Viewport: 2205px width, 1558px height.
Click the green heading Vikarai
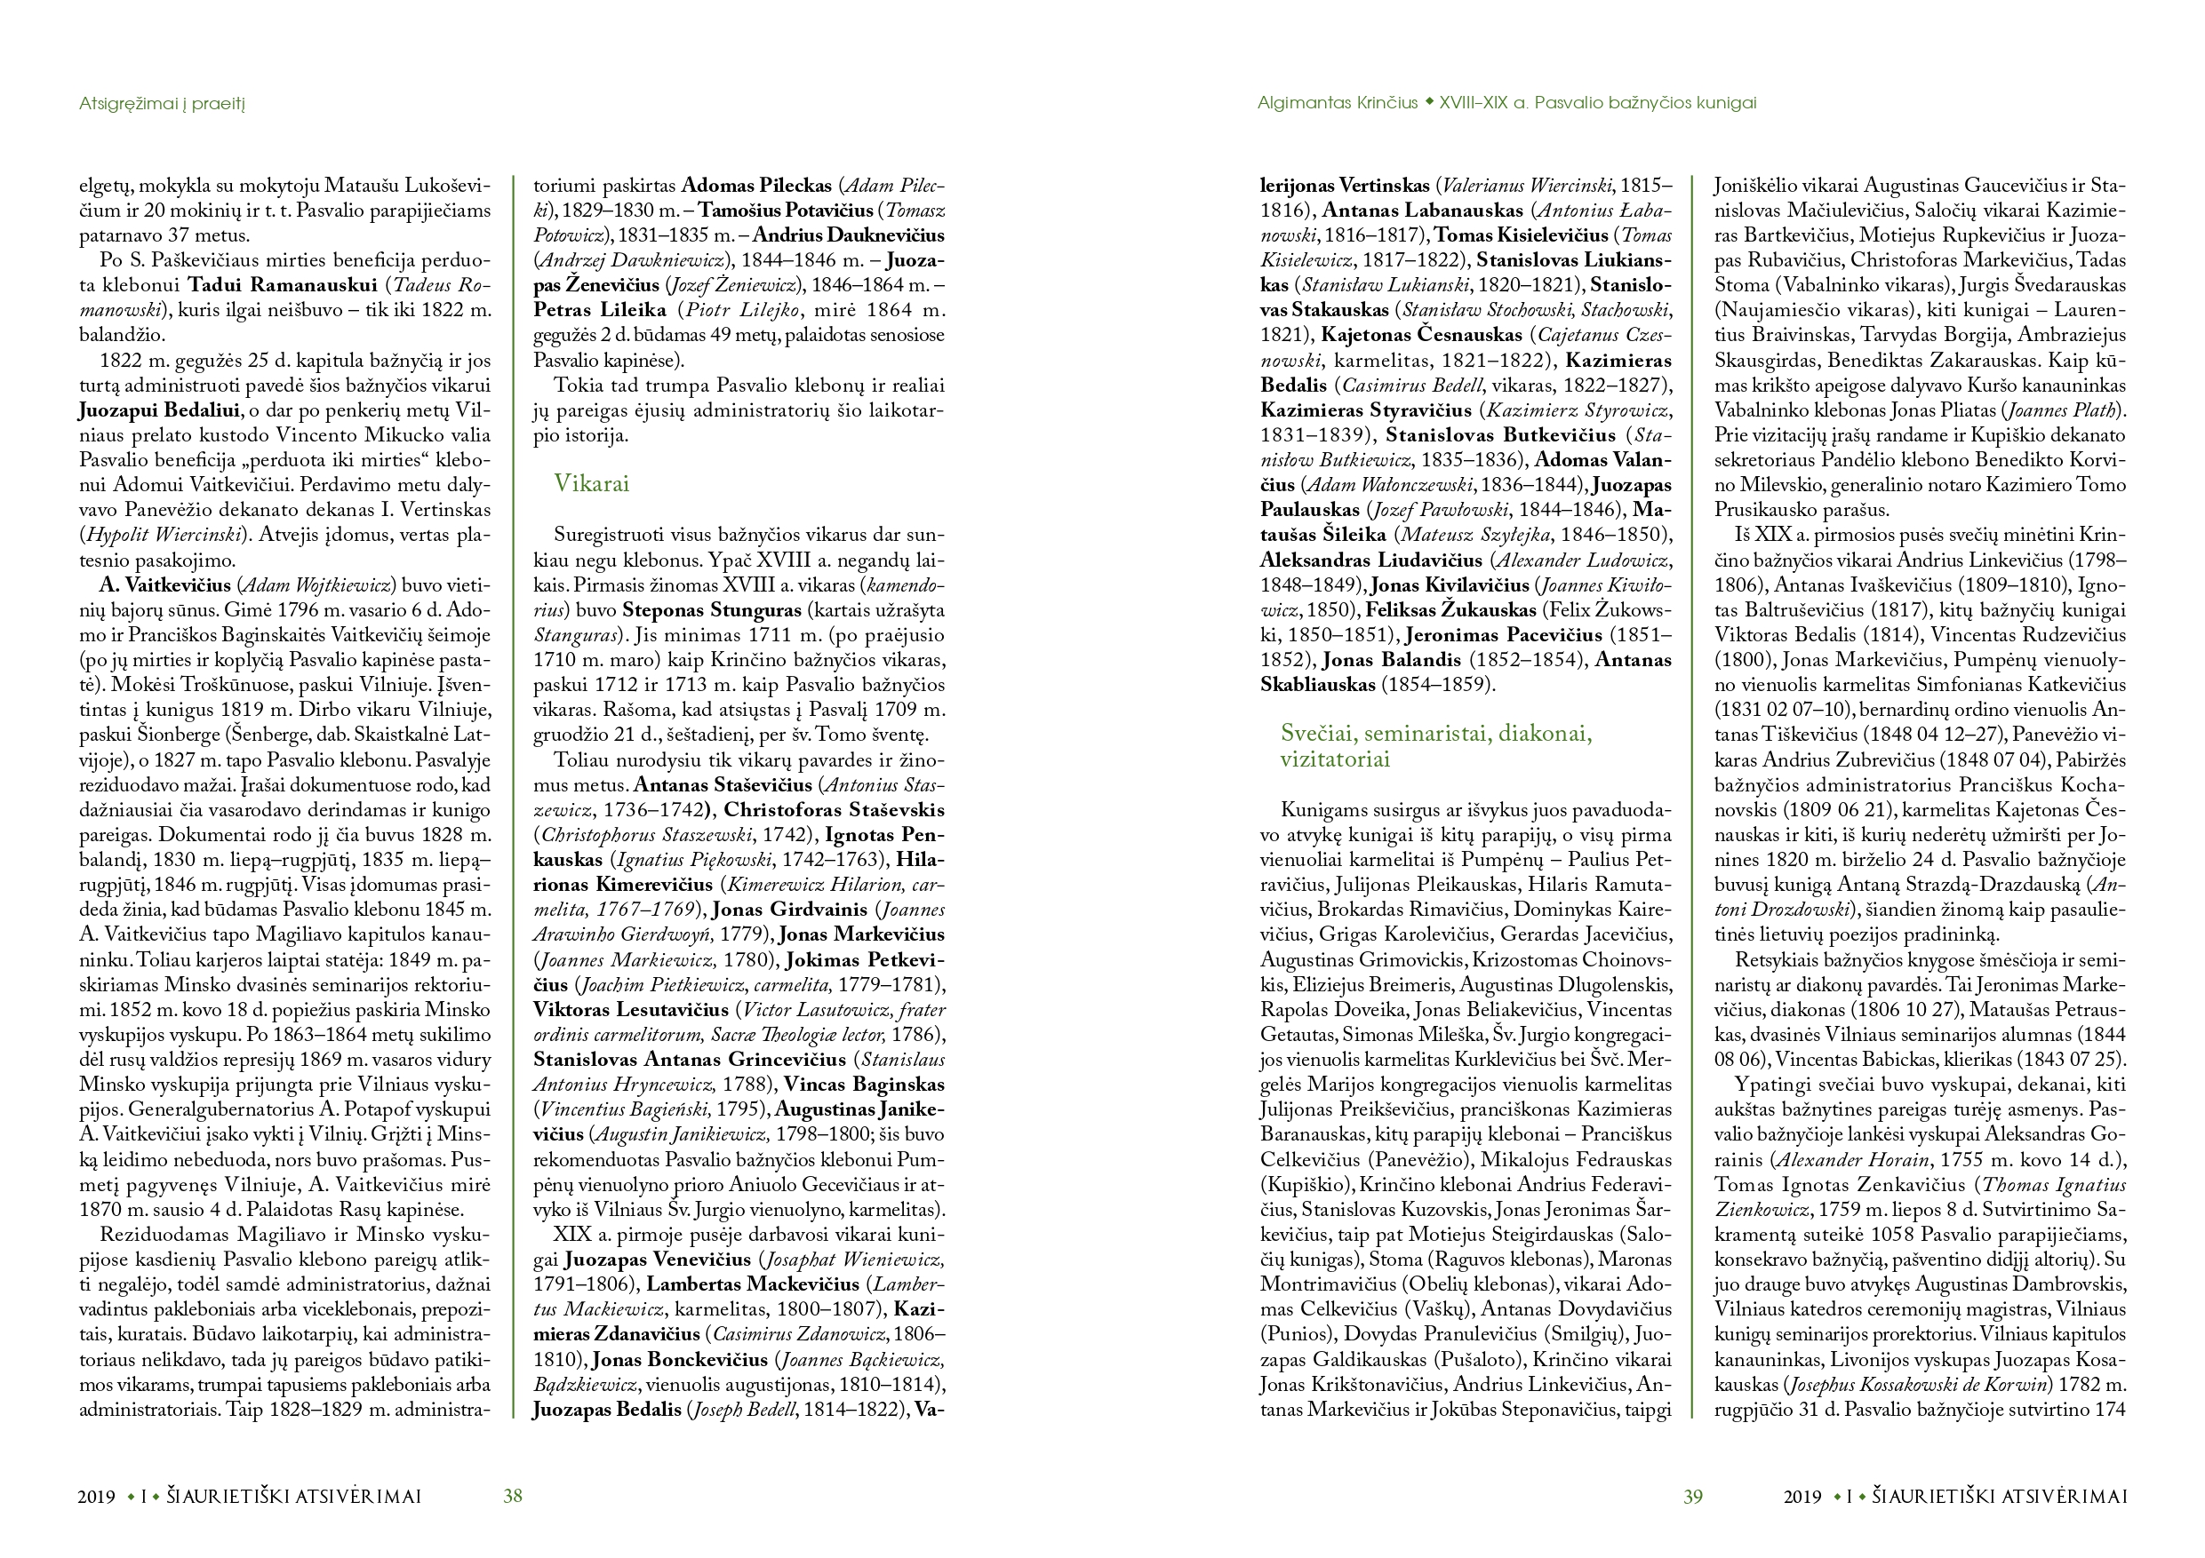(591, 484)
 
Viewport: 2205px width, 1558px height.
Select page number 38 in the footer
(513, 1496)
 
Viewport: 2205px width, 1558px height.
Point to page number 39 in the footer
(1692, 1497)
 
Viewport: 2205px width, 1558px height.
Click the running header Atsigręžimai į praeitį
(163, 103)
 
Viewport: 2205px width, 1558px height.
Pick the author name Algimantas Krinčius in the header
(1337, 103)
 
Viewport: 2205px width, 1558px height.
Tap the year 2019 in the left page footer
(97, 1497)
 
